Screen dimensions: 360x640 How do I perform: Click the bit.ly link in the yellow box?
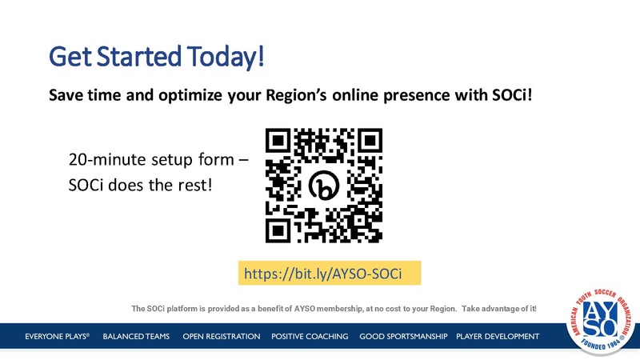328,274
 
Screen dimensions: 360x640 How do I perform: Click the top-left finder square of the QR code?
278,141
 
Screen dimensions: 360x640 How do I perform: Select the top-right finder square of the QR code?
368,141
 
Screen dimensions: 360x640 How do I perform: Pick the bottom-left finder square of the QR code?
278,230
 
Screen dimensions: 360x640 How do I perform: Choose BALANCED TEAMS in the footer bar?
136,336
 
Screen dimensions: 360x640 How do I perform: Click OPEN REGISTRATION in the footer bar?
221,336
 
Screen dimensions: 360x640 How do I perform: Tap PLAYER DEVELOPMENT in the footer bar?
497,336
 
